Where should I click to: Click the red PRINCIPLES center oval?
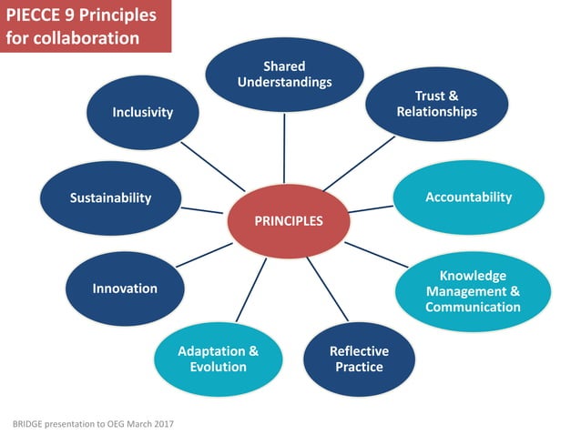288,220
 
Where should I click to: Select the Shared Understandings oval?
284,74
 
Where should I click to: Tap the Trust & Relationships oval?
436,104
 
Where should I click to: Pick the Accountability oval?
468,197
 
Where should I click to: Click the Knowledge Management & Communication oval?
473,291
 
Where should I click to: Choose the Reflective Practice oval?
359,359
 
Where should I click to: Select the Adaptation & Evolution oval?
219,359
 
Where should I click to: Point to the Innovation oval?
125,288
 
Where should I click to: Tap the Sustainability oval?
110,197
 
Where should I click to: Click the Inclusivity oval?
143,113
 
